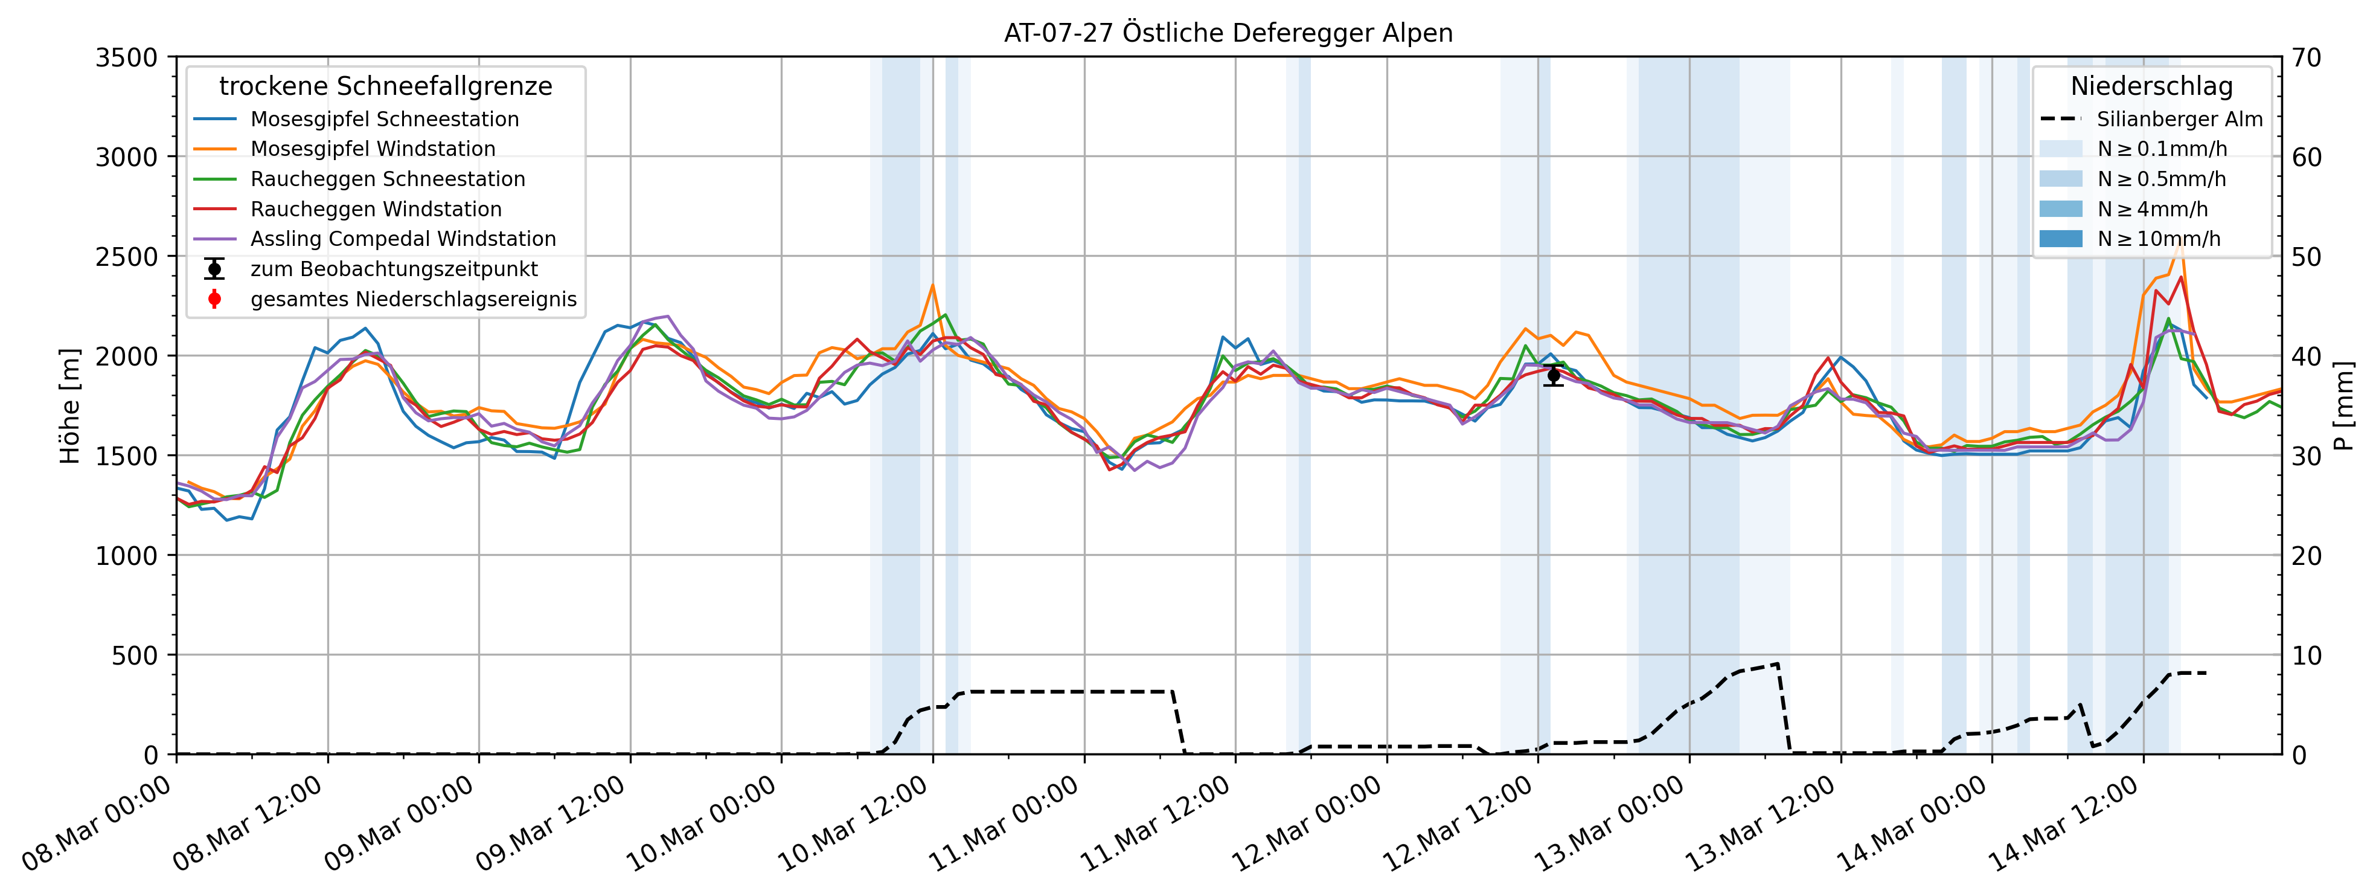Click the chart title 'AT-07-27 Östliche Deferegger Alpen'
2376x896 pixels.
pyautogui.click(x=1228, y=33)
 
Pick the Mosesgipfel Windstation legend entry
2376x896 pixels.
pyautogui.click(x=373, y=149)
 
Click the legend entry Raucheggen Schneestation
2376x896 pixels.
pyautogui.click(x=388, y=179)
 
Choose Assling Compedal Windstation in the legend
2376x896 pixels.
pyautogui.click(x=403, y=239)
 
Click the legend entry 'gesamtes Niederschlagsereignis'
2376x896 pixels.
pyautogui.click(x=413, y=299)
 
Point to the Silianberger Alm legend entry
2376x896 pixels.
pyautogui.click(x=2179, y=119)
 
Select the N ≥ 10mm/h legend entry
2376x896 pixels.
pyautogui.click(x=2158, y=239)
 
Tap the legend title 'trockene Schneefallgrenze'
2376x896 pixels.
pyautogui.click(x=386, y=87)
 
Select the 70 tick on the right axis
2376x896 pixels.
pyautogui.click(x=2308, y=57)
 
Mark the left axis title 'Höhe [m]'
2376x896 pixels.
pyautogui.click(x=70, y=406)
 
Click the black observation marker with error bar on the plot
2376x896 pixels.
pyautogui.click(x=1553, y=375)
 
